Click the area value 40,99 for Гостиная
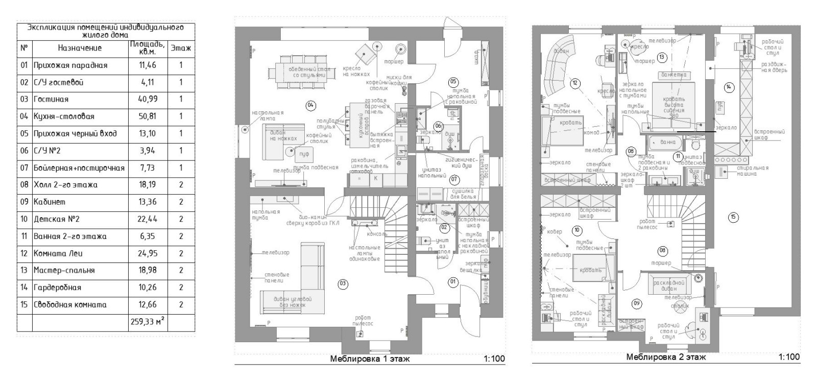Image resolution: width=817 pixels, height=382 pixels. coord(147,100)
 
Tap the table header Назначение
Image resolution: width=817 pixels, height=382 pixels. coord(80,48)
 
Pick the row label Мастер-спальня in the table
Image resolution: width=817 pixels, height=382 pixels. coord(64,270)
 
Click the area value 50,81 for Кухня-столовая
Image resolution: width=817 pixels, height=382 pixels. coord(147,116)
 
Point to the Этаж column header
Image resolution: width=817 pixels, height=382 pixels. coord(181,48)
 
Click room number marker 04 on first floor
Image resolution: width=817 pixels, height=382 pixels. coord(310,105)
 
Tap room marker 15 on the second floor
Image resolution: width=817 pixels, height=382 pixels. coord(733,218)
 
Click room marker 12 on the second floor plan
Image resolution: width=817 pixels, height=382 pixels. coord(575,83)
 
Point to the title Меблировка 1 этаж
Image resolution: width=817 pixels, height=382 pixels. coord(370,359)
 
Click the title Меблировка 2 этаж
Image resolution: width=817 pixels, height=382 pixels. coord(666,357)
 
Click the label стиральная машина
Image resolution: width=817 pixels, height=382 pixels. coord(753,171)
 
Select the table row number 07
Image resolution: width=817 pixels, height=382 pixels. coord(24,168)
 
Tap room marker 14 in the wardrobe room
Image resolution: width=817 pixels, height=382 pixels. coord(729,87)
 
